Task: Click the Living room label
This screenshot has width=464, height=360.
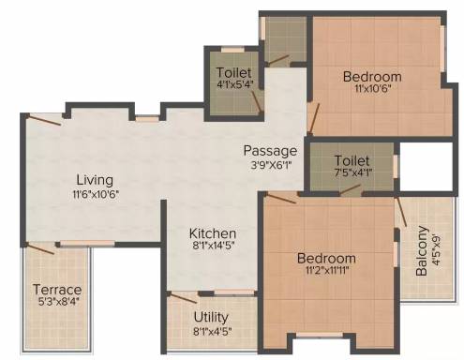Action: (x=95, y=180)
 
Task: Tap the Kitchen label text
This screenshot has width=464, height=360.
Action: (x=213, y=233)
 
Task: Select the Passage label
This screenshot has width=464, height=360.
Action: (x=270, y=151)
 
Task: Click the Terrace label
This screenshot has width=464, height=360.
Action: (x=57, y=290)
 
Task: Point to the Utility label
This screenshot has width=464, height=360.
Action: (x=211, y=317)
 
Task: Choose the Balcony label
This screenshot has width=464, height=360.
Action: (x=422, y=250)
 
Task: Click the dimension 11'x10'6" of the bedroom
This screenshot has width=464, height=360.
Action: (x=373, y=88)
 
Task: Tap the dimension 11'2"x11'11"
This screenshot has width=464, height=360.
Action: (x=327, y=270)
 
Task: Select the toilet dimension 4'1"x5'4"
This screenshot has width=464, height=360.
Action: (x=234, y=84)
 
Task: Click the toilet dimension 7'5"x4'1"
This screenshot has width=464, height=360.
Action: (x=353, y=172)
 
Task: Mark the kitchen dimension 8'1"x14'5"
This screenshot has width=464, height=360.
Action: (x=214, y=246)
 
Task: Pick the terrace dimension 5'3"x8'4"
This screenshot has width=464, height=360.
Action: (x=57, y=302)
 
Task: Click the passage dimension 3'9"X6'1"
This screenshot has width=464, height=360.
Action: (x=271, y=164)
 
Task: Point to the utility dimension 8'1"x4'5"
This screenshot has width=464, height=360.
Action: (x=213, y=331)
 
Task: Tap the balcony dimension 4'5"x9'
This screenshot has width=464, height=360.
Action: (x=437, y=250)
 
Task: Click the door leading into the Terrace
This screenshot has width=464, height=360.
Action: (x=40, y=248)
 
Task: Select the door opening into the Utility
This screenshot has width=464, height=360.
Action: (x=182, y=297)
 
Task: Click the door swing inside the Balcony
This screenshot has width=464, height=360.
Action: (x=401, y=212)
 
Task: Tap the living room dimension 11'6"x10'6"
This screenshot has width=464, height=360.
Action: (x=96, y=194)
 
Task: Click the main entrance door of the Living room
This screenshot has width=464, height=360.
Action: (x=43, y=120)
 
